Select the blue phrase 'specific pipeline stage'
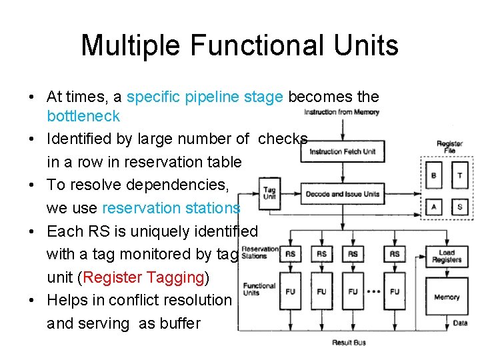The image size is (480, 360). [205, 97]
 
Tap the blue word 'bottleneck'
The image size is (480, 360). [83, 116]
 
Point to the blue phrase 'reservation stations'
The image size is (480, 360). [171, 208]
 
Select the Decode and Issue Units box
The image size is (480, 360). [343, 194]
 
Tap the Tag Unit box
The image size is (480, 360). [269, 194]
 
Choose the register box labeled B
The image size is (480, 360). [434, 175]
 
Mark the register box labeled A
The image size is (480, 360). [434, 207]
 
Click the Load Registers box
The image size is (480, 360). [447, 256]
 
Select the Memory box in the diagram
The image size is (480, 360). [447, 297]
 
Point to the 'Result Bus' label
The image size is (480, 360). [349, 343]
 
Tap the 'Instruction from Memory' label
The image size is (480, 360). [341, 112]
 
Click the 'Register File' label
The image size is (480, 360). [449, 147]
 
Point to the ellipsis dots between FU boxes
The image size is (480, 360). [375, 291]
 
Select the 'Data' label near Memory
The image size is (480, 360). [459, 323]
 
